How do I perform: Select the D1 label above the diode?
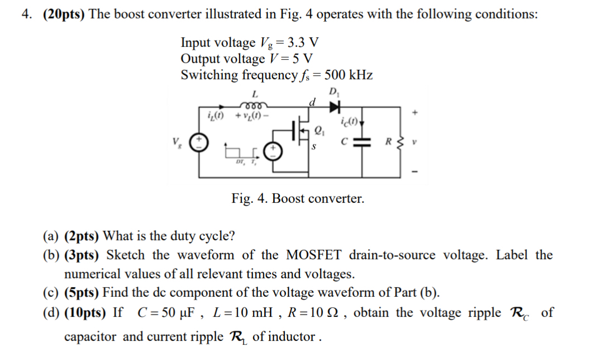[x=334, y=92]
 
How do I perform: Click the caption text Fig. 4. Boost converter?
[x=298, y=198]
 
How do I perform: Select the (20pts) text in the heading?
[x=61, y=15]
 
